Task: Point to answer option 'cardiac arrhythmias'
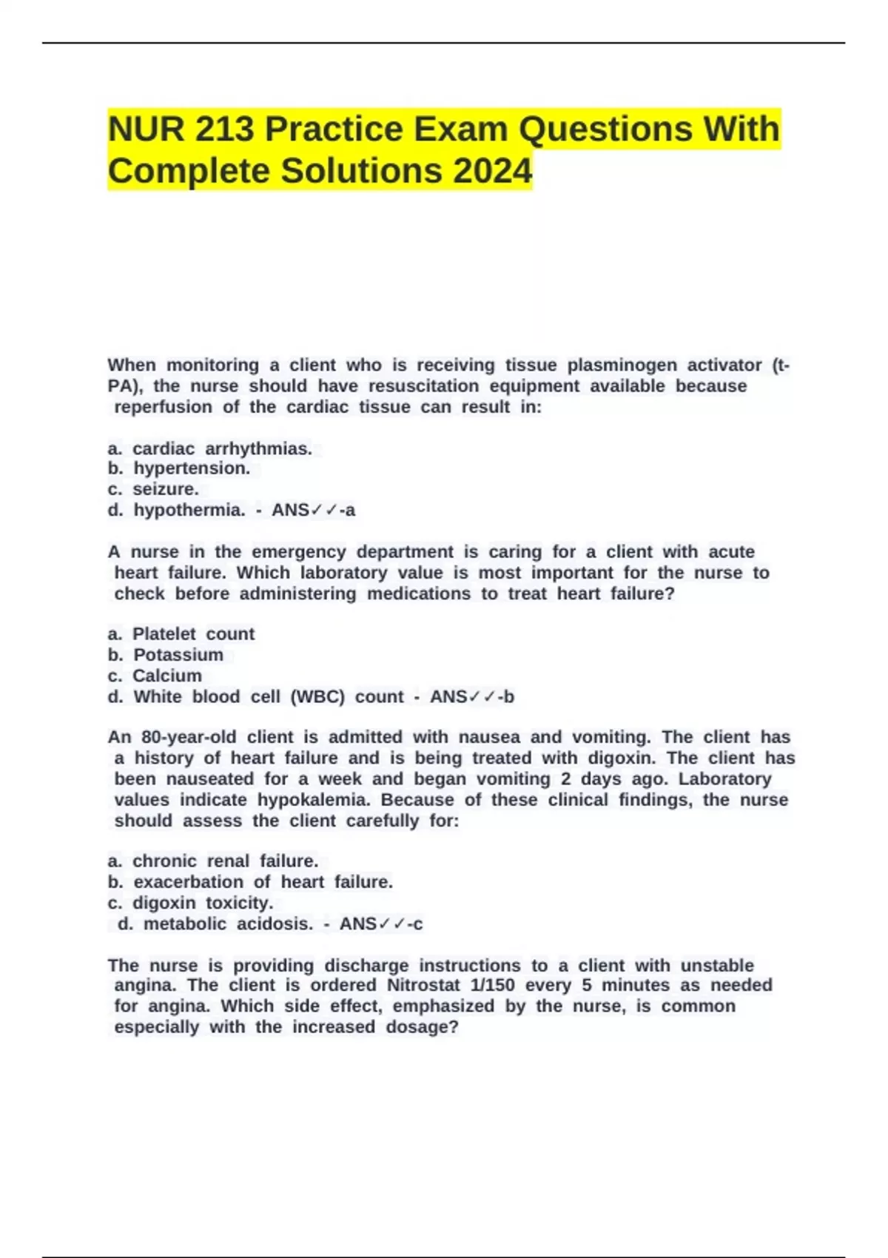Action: (222, 449)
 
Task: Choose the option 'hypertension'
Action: (192, 468)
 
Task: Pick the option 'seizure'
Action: (166, 489)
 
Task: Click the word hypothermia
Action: (189, 511)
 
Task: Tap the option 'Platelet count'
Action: (193, 634)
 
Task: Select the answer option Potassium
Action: (178, 655)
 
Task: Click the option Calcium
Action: (166, 676)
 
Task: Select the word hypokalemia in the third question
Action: (314, 800)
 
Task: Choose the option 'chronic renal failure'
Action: (225, 861)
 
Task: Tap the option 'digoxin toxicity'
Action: (203, 904)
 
